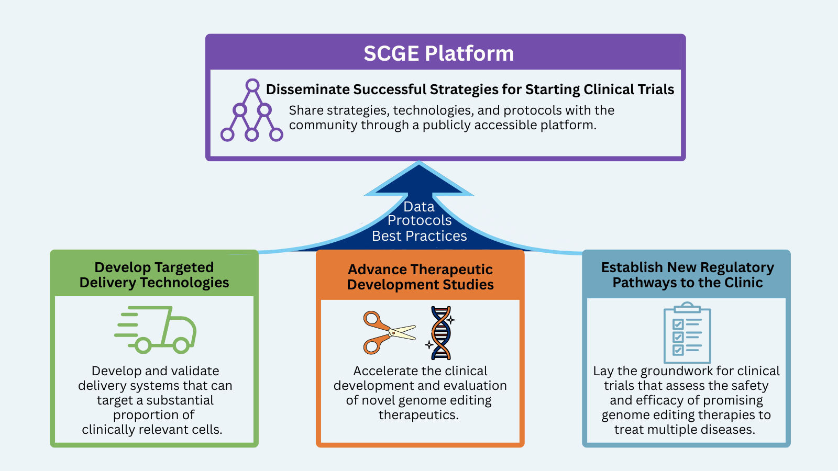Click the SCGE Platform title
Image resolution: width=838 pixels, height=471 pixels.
coord(438,53)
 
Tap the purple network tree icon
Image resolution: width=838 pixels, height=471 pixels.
coord(251,110)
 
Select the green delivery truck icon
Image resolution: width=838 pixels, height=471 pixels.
coord(156,329)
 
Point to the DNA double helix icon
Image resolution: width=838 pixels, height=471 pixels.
coord(441,333)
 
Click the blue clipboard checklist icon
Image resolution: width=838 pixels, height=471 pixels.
coord(687,333)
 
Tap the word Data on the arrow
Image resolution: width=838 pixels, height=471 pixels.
coord(419,207)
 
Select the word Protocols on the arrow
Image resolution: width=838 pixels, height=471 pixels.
coord(420,221)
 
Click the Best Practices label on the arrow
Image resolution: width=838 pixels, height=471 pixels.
coord(419,237)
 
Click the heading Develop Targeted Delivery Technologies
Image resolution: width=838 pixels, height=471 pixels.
coord(155,275)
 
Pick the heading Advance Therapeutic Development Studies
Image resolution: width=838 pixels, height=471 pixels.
coord(421,277)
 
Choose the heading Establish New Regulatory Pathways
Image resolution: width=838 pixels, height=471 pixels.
coord(687,275)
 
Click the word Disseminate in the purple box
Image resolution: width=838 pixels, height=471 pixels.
coord(307,89)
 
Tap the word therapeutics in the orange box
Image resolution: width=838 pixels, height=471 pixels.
coord(418,415)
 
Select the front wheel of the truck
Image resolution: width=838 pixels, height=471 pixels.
coord(181,345)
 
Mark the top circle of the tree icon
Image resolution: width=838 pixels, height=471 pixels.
coord(252,85)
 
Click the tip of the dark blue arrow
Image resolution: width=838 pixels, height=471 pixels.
coord(419,163)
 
